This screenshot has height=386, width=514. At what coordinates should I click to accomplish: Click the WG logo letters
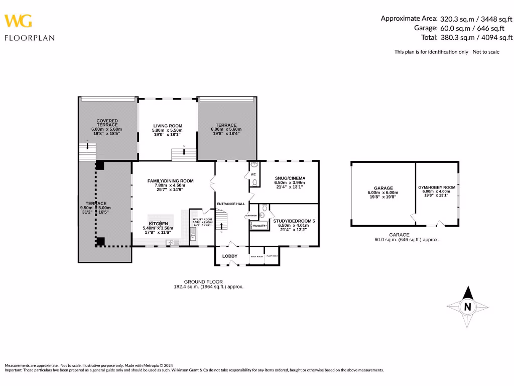19,21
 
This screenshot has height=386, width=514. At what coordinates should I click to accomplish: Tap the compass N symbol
467,306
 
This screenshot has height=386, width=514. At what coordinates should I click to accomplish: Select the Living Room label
168,126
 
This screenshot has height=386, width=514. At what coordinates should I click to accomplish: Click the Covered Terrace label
107,123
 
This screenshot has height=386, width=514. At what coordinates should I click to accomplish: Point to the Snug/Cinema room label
290,178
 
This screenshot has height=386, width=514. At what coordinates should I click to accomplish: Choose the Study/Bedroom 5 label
294,221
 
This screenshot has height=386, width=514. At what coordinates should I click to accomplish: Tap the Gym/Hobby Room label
437,187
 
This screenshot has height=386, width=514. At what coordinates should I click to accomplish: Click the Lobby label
230,256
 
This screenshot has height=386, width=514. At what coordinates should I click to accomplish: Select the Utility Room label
203,220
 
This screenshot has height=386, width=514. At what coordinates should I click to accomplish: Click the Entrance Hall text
231,204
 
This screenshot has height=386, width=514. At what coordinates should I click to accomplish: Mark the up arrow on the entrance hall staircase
221,226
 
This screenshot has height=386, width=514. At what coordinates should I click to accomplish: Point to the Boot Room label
256,256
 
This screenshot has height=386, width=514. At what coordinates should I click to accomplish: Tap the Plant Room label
272,256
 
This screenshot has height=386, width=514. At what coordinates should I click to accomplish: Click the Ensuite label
259,226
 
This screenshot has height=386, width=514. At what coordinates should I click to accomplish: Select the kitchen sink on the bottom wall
172,243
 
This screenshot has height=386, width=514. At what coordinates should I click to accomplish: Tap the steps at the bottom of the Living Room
184,154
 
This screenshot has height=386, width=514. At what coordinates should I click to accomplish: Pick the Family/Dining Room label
170,181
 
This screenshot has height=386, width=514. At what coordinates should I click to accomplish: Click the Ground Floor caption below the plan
203,282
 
